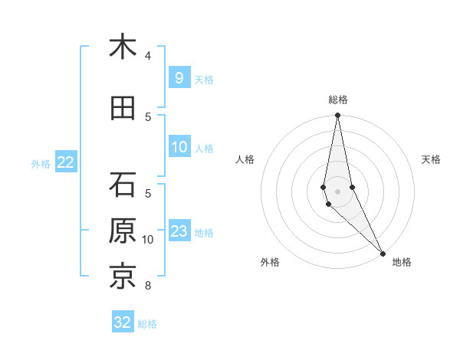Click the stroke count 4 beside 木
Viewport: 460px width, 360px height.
[x=148, y=56]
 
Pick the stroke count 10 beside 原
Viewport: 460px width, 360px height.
[x=148, y=240]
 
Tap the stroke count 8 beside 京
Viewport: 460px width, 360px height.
[x=148, y=286]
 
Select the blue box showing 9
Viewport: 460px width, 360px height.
[x=179, y=78]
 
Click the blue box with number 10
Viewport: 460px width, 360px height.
[x=179, y=148]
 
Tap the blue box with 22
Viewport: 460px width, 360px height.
[x=65, y=162]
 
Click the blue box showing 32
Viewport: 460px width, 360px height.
[x=123, y=322]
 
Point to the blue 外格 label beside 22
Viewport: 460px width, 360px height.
[x=41, y=163]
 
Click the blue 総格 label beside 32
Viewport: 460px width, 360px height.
[x=147, y=324]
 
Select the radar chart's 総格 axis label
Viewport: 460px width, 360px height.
[x=338, y=100]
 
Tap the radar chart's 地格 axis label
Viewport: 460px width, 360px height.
[x=402, y=263]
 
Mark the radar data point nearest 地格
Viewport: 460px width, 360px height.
[x=383, y=252]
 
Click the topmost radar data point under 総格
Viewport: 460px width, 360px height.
[x=338, y=116]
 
